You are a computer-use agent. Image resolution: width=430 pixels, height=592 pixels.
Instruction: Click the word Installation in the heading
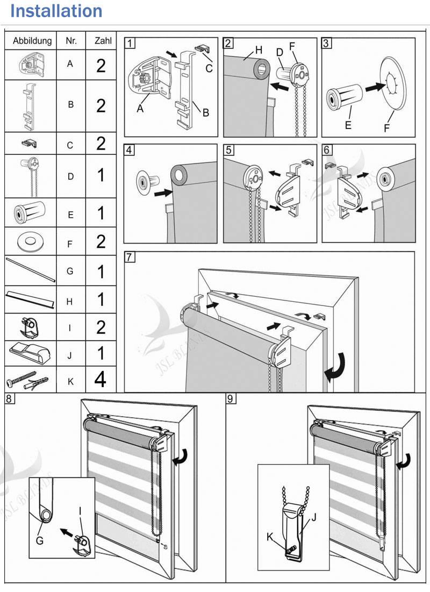[56, 11]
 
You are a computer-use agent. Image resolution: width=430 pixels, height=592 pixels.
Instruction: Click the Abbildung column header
[32, 41]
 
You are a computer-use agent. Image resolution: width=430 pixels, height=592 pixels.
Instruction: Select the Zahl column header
[103, 40]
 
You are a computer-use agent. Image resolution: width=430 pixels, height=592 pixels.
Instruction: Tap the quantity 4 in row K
[100, 380]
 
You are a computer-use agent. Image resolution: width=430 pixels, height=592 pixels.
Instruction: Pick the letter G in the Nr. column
[70, 271]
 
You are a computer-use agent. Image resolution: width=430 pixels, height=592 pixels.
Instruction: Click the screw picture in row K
[21, 379]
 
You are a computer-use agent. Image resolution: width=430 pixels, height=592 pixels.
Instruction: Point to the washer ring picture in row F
[31, 241]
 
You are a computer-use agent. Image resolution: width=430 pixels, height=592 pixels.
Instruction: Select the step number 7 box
[129, 257]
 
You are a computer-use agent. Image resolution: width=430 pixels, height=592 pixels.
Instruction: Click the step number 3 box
[326, 43]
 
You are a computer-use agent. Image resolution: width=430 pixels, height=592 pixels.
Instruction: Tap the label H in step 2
[259, 50]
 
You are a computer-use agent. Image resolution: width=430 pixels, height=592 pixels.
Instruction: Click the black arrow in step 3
[376, 87]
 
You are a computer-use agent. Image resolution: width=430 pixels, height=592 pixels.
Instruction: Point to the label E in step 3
[348, 125]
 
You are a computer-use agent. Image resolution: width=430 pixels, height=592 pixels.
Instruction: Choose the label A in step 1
[140, 109]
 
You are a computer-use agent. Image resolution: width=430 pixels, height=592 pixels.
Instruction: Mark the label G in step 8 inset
[40, 541]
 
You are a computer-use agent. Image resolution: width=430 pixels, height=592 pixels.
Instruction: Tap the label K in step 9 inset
[269, 537]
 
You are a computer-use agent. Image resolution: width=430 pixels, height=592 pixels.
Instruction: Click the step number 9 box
[230, 398]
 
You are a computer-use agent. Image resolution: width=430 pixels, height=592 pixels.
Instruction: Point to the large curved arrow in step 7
[335, 367]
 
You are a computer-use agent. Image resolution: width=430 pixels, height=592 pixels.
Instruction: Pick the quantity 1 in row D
[101, 175]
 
